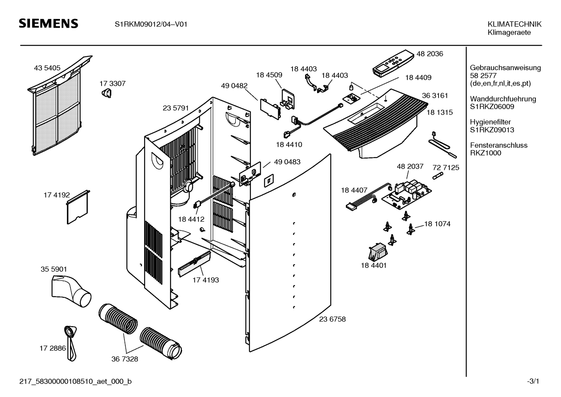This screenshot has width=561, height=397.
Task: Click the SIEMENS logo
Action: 49,24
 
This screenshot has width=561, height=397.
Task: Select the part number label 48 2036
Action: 430,54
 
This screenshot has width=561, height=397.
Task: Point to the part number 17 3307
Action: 112,83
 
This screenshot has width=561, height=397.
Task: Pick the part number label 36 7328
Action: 124,359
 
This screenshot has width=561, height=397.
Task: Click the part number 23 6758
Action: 332,319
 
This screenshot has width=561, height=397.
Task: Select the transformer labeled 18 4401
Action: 376,253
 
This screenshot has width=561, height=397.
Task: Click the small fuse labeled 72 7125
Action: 438,177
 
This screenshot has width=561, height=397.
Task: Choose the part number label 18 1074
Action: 437,224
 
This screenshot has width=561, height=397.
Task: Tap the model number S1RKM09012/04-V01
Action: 151,24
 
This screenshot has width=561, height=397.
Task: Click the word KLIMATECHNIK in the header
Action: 514,24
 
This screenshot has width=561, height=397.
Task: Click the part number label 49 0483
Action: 287,162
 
